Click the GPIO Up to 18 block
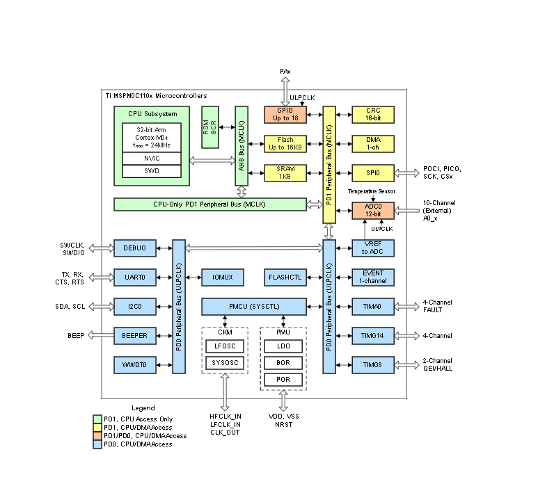click(x=285, y=115)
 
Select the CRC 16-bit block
click(x=373, y=115)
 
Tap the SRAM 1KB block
click(x=285, y=173)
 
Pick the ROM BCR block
click(x=211, y=127)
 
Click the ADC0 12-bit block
click(x=373, y=210)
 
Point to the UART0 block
click(x=135, y=277)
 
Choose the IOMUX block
click(x=223, y=277)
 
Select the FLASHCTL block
click(x=285, y=277)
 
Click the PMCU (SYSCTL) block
click(x=254, y=306)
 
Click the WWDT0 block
click(x=135, y=364)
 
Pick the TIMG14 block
click(x=373, y=335)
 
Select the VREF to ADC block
click(x=373, y=248)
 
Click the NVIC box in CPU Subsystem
click(x=152, y=159)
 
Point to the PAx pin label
click(x=285, y=72)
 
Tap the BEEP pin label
click(x=76, y=335)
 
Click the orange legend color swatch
click(x=97, y=435)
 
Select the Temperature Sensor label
click(x=372, y=190)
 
